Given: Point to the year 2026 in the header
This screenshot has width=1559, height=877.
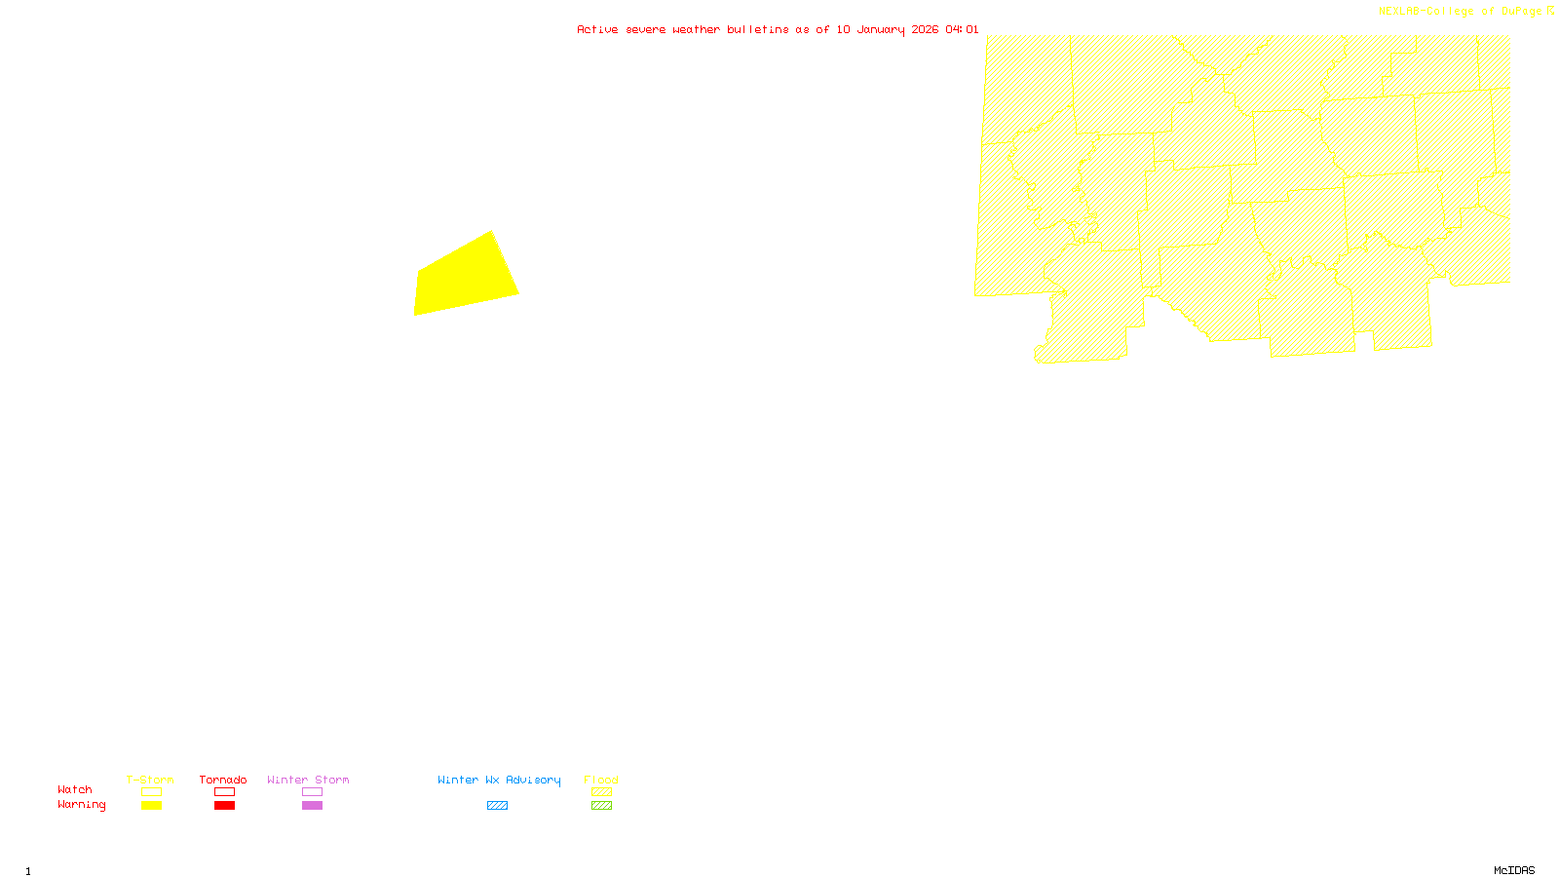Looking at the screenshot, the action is tap(925, 30).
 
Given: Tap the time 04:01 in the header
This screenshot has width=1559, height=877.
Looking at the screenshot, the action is tap(962, 30).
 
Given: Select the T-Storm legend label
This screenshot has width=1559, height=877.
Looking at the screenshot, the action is tap(150, 780).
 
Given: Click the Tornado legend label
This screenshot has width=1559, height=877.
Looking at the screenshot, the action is tap(223, 780).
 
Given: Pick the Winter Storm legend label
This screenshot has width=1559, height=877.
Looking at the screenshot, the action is tap(308, 780).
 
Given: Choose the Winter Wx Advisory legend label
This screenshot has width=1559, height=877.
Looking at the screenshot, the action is tap(499, 780).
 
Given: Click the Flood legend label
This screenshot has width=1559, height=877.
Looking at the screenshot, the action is tap(601, 780).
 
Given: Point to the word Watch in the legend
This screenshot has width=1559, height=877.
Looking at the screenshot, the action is tap(75, 789).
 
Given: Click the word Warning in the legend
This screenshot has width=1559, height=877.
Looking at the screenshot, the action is tap(82, 805).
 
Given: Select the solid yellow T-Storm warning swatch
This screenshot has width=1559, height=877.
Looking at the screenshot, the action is tap(151, 806).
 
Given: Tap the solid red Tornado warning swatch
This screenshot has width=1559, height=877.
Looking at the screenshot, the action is tap(225, 806).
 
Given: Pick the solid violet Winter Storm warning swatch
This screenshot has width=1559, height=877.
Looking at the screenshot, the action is tap(312, 806).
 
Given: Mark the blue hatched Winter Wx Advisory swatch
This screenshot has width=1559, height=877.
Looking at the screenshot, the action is tap(497, 806).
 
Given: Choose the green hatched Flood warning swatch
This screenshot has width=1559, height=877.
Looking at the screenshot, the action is tap(602, 806).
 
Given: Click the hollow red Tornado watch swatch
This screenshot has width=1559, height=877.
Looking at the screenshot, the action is tap(225, 792).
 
